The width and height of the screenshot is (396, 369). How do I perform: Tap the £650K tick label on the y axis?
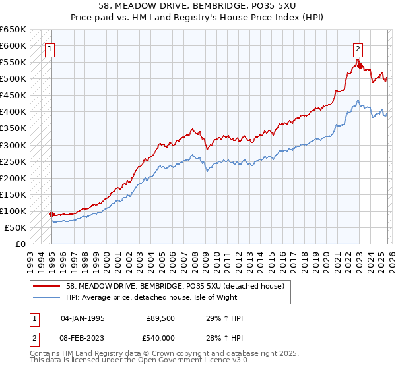(x=13, y=30)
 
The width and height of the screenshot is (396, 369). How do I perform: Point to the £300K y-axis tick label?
(x=13, y=145)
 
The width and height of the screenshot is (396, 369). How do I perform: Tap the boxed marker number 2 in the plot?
(x=358, y=48)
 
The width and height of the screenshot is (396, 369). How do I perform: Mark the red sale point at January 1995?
(x=51, y=214)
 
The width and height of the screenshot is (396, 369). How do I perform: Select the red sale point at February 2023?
(x=359, y=65)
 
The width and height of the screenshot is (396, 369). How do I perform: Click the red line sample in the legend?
(x=47, y=286)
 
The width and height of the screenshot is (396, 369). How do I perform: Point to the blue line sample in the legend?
(x=47, y=297)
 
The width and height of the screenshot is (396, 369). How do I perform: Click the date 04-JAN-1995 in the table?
(x=82, y=319)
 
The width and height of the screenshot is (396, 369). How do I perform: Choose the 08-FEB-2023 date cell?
(x=82, y=338)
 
